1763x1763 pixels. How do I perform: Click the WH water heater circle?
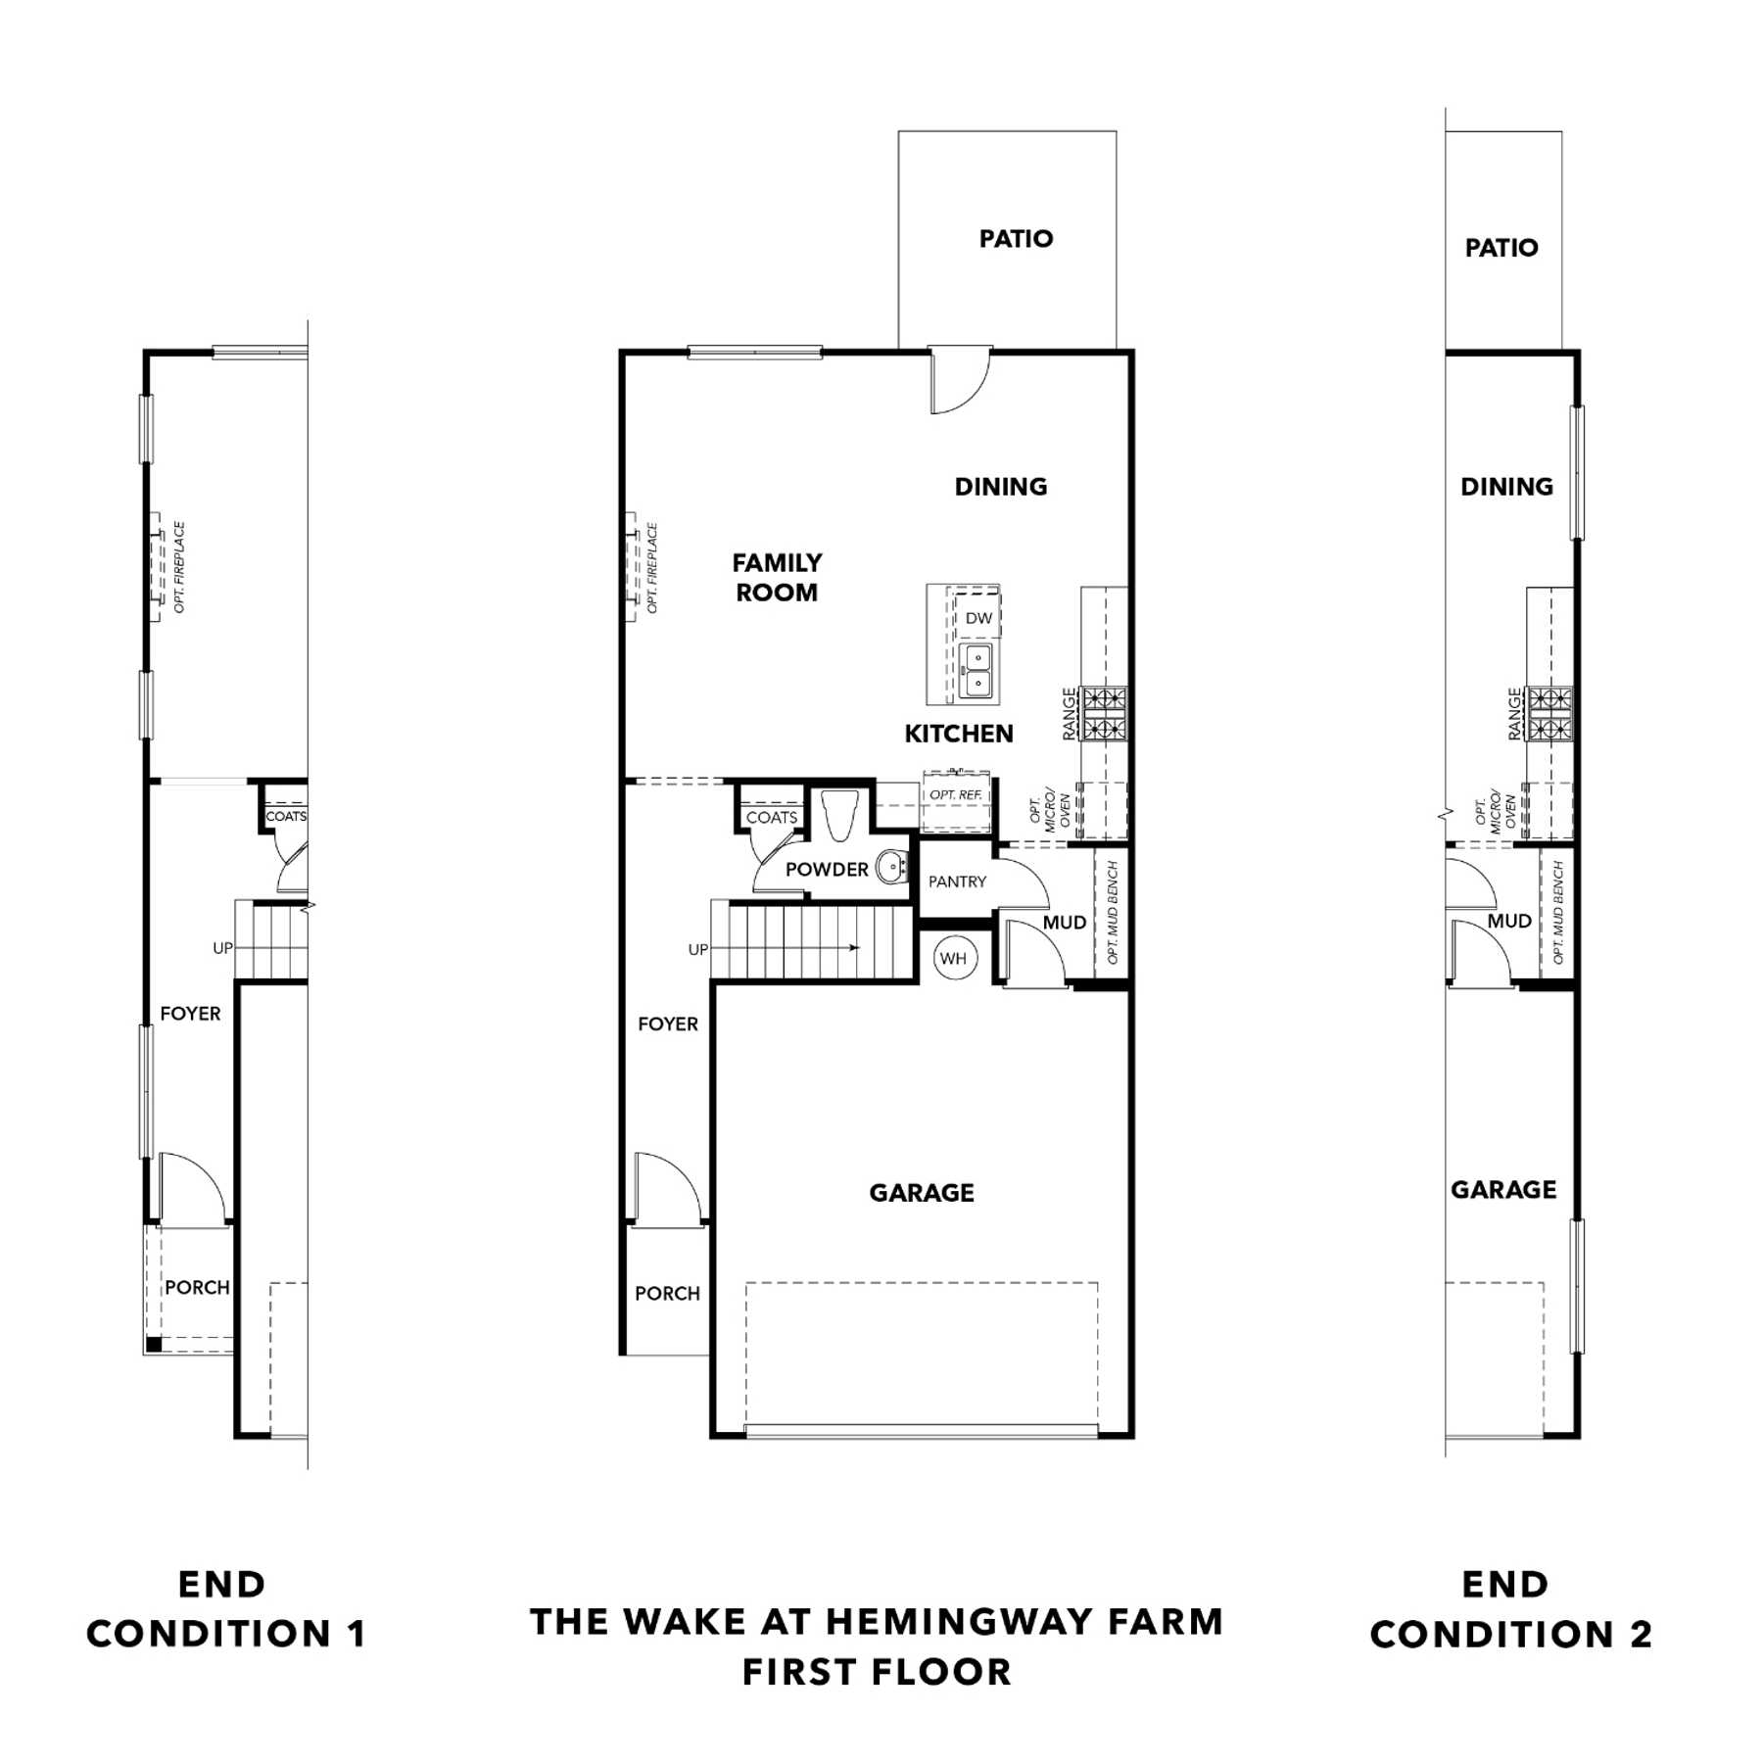coord(953,958)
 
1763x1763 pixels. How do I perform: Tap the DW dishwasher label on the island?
coord(978,618)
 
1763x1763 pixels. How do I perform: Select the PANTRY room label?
coord(957,881)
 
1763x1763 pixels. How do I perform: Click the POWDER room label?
coord(827,870)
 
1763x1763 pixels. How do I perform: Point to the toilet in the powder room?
coord(840,815)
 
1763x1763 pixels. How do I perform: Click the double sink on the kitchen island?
coord(977,671)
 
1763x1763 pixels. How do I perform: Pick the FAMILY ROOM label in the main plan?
coord(777,577)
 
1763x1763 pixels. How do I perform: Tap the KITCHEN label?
coord(958,734)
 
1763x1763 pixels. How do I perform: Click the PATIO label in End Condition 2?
coord(1501,248)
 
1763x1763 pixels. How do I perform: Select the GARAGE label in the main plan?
coord(922,1193)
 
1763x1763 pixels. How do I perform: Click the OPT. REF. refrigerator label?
coord(956,794)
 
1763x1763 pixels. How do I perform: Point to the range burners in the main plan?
coord(1104,713)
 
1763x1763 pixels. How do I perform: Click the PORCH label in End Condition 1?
coord(197,1287)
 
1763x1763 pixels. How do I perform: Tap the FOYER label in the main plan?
coord(668,1024)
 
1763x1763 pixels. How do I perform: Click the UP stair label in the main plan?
coord(697,949)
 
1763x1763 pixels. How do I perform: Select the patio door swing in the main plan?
coord(962,380)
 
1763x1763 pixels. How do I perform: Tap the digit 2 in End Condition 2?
coord(1641,1634)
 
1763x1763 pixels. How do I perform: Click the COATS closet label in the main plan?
coord(772,818)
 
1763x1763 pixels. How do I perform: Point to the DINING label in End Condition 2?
coord(1506,487)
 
